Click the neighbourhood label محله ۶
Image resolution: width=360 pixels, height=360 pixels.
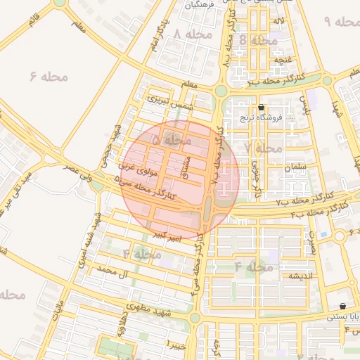point(49,76)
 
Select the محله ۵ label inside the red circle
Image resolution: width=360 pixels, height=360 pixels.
point(171,141)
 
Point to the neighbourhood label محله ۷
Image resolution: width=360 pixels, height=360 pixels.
point(262,148)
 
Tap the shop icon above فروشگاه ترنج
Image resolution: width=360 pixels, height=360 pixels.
point(262,108)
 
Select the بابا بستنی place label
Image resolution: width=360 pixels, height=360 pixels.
point(342,316)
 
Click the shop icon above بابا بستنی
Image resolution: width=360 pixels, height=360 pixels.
point(342,306)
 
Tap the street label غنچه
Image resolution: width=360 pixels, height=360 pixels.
point(283,60)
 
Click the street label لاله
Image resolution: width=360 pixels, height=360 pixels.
point(280,22)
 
